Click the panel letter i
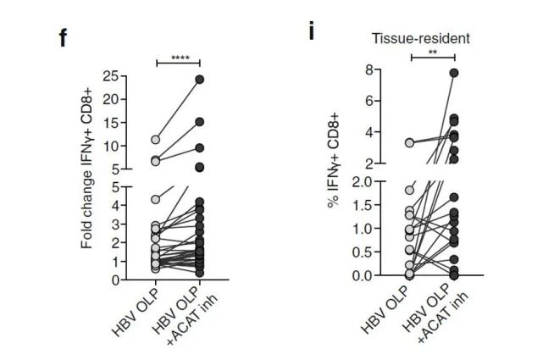tap(313, 33)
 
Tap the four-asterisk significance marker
tap(180, 58)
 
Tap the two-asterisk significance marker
tap(433, 53)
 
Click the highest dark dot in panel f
tap(200, 80)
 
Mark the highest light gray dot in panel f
tap(156, 140)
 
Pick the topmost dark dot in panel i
tap(454, 74)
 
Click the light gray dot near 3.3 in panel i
tap(410, 143)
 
